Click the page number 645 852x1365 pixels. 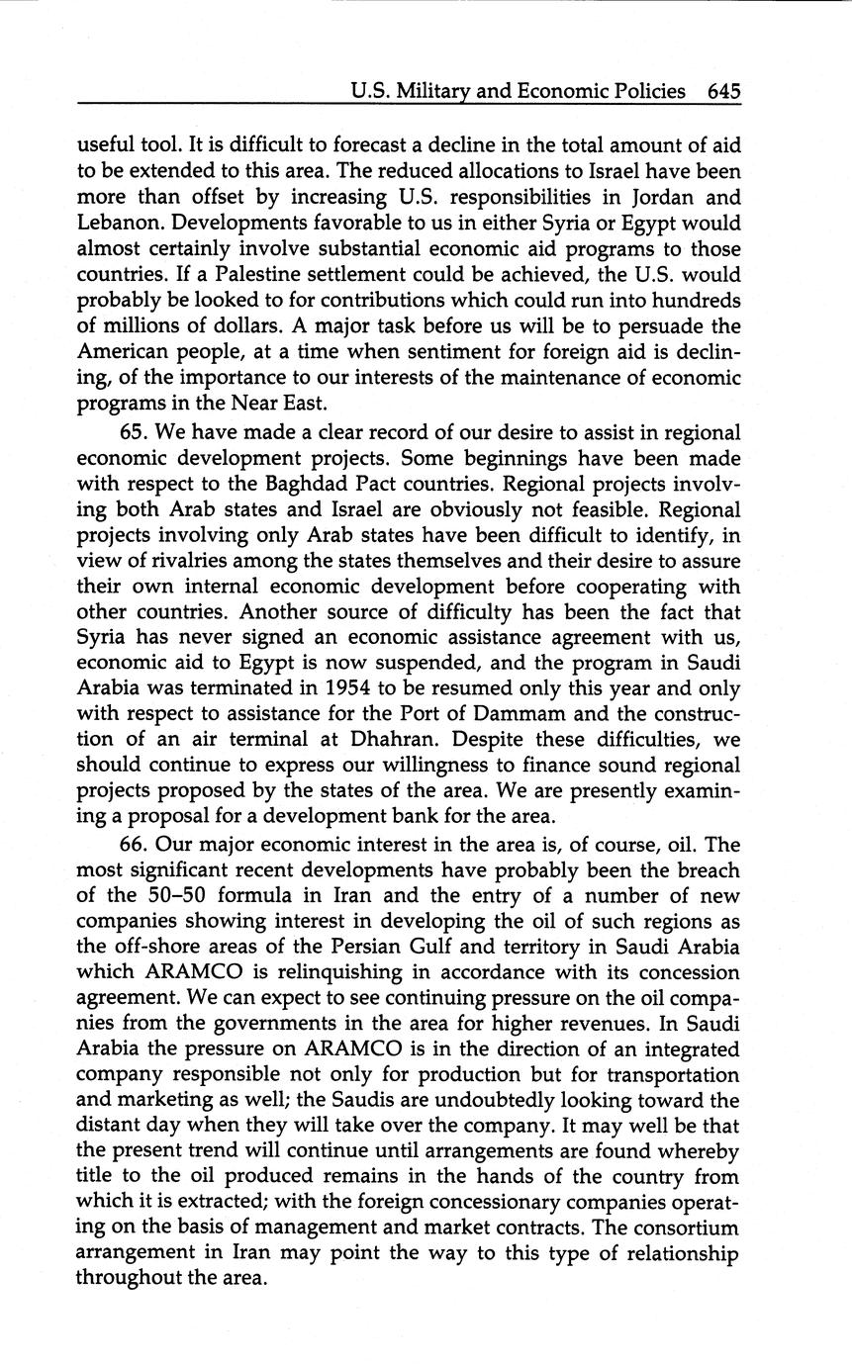tap(723, 92)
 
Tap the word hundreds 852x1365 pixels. tap(690, 301)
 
